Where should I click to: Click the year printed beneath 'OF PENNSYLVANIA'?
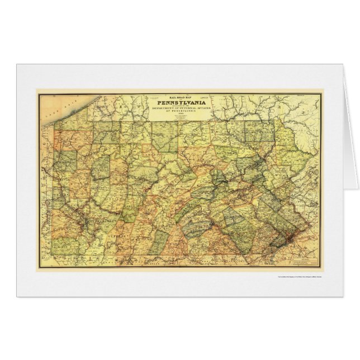(180, 120)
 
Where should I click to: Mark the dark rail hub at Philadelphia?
(288, 239)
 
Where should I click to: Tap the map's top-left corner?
(38, 93)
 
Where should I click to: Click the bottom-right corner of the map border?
(321, 267)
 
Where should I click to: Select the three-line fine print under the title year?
(180, 125)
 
